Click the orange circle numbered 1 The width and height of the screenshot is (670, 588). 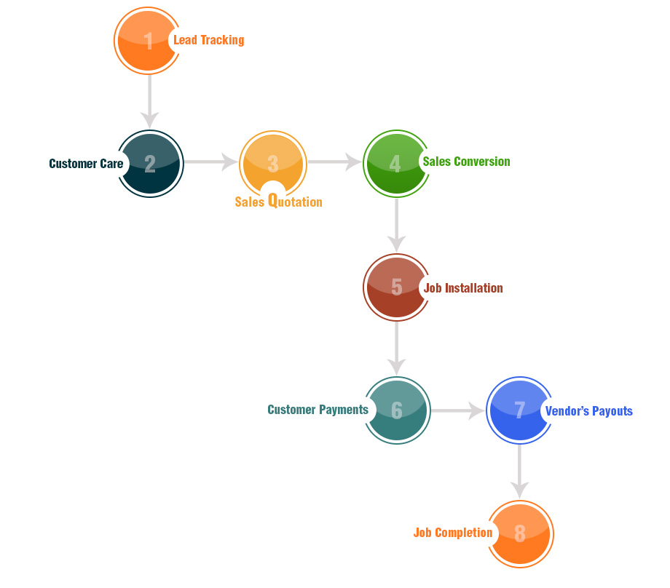point(148,41)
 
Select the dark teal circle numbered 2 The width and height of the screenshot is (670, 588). point(150,164)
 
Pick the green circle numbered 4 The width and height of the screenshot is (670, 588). point(395,163)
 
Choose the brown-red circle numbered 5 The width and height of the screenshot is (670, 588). point(396,287)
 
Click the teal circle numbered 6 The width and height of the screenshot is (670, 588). point(397,410)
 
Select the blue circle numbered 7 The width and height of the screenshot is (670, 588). point(519,410)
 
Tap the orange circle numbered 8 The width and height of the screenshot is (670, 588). point(520,533)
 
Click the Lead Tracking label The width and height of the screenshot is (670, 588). point(208,40)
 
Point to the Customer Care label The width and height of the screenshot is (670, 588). point(86,164)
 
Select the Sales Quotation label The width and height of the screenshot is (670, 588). point(278,202)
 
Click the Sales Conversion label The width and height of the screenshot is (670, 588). point(466,162)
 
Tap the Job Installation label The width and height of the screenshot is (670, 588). point(463,288)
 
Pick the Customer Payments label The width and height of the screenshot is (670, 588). point(318,410)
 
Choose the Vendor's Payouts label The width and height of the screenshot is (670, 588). point(588,411)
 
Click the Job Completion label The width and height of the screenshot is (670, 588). point(453,533)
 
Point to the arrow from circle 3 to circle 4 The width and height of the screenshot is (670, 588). point(335,162)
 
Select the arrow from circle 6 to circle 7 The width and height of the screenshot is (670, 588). point(458,411)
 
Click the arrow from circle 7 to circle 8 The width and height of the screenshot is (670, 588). point(519,471)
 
